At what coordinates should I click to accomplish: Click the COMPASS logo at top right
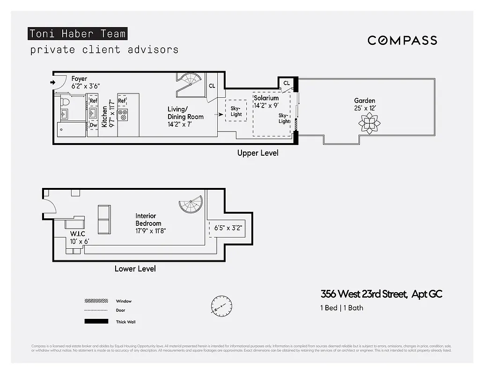(402, 40)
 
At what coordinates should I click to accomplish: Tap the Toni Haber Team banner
(78, 34)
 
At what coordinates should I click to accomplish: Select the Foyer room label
(79, 79)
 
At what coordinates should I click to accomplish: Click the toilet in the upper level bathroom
(66, 101)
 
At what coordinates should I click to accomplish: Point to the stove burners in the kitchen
(124, 115)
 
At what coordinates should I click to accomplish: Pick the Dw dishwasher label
(93, 125)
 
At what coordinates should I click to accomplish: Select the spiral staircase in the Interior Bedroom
(191, 205)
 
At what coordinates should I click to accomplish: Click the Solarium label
(266, 98)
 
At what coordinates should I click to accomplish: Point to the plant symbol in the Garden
(369, 123)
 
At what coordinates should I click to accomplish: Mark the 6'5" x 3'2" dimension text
(228, 228)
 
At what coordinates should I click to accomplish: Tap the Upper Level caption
(257, 153)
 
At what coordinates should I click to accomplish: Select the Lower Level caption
(135, 269)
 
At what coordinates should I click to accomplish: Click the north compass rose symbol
(220, 305)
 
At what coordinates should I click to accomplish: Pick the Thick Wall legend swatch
(95, 322)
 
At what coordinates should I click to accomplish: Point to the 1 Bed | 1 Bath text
(342, 308)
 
